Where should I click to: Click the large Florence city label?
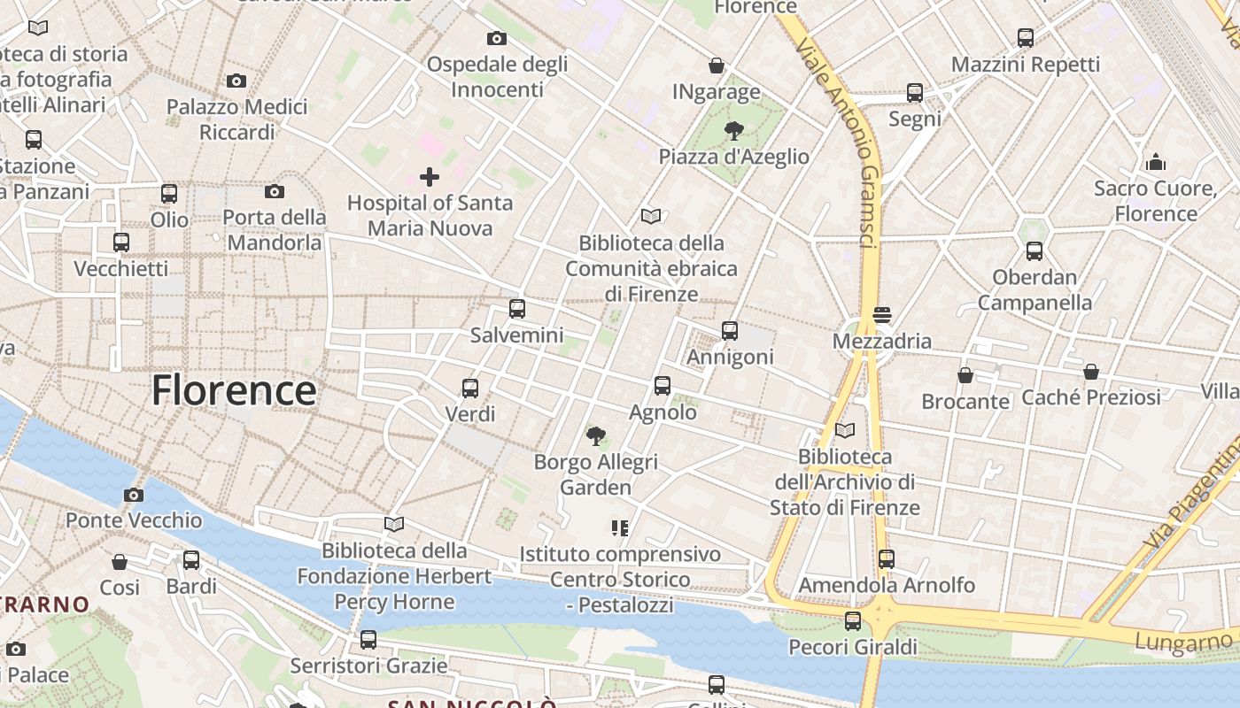tap(234, 390)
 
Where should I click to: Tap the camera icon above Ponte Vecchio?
tap(134, 495)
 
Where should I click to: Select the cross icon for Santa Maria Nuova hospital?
tap(430, 177)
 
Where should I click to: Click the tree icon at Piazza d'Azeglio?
tap(733, 132)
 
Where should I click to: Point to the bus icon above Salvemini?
tap(517, 309)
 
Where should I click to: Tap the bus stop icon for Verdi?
tap(470, 388)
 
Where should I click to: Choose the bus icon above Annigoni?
tap(730, 331)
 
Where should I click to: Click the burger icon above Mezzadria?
tap(881, 315)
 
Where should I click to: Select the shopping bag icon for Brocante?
tap(965, 375)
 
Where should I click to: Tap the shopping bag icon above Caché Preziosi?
tap(1091, 372)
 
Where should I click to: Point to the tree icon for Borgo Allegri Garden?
tap(596, 435)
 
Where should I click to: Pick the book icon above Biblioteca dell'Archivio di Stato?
tap(845, 430)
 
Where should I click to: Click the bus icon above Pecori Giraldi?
tap(853, 621)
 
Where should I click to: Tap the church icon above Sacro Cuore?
tap(1156, 162)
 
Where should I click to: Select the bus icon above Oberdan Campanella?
tap(1035, 251)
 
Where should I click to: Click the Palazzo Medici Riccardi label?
tap(237, 119)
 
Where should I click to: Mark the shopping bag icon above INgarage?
tap(717, 65)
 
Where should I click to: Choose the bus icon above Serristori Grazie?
tap(368, 639)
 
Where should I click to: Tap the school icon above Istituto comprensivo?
tap(620, 528)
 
